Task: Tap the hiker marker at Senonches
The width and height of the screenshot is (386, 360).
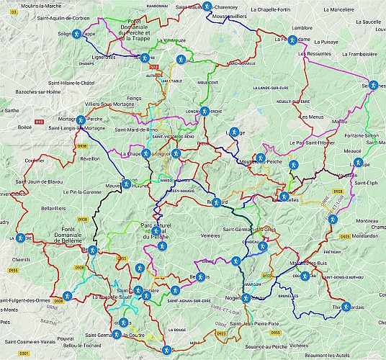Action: [373, 85]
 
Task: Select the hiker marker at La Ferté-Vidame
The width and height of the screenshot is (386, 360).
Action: [293, 41]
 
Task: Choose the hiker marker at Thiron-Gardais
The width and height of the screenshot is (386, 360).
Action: [346, 307]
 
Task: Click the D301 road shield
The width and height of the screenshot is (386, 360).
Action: [23, 354]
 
